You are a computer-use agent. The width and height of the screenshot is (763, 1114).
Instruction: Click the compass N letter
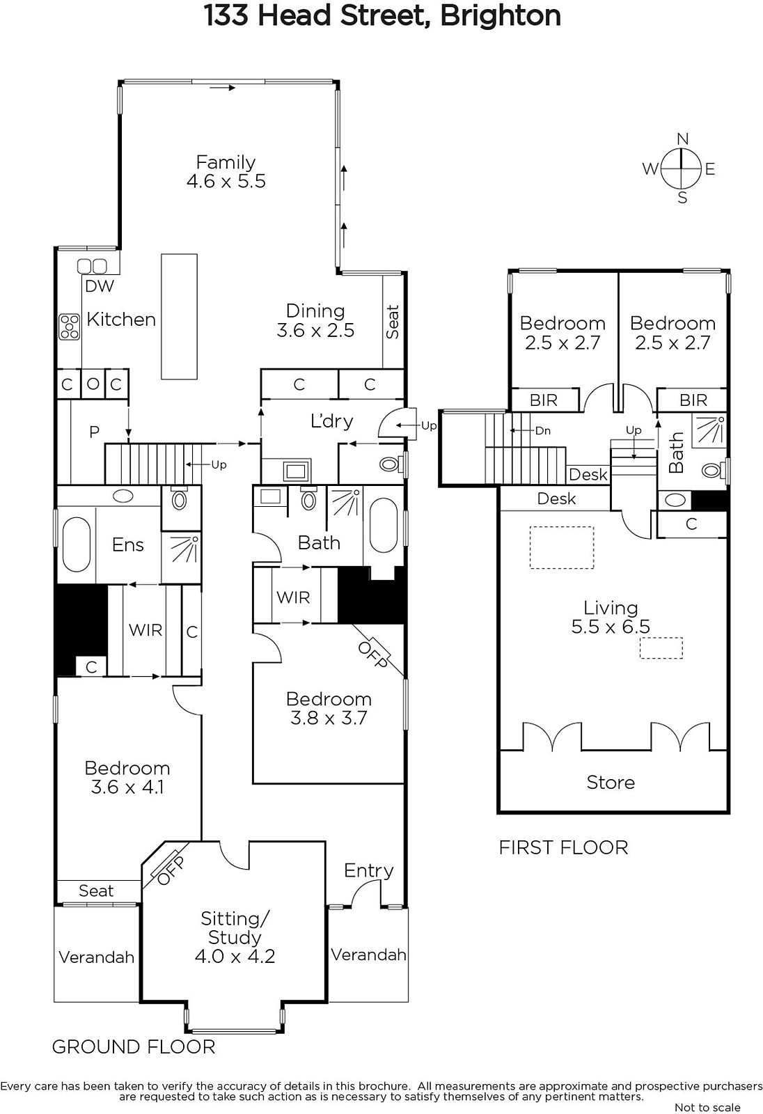tap(683, 139)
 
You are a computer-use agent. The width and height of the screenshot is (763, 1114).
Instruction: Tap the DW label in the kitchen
tap(100, 286)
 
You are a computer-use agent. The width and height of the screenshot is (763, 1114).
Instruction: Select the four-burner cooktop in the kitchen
tap(70, 327)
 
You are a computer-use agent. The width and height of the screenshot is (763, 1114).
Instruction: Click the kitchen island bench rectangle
tap(179, 316)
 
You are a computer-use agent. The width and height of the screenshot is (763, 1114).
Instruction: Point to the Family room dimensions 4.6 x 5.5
tap(226, 181)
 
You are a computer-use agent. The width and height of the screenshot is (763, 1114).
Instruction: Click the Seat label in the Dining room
tap(393, 322)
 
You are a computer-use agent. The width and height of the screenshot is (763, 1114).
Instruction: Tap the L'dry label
tap(332, 421)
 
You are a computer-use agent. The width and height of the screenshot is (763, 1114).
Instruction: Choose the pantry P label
tap(94, 432)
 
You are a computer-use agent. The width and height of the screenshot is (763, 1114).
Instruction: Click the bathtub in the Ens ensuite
tap(77, 544)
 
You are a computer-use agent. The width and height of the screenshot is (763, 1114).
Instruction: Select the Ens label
tap(128, 545)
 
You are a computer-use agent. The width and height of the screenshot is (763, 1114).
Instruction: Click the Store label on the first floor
tap(611, 783)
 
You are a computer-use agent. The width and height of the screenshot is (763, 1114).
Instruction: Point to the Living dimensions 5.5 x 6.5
tap(611, 627)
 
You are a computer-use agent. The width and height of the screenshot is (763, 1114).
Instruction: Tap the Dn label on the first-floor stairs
tap(542, 431)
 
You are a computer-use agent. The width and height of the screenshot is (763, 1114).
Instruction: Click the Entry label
tap(368, 870)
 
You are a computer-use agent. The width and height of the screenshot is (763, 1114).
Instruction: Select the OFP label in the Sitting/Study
tap(171, 871)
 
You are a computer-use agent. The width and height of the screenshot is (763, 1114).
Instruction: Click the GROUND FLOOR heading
tap(133, 1047)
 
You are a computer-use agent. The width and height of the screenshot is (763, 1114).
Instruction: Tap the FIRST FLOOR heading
tap(563, 847)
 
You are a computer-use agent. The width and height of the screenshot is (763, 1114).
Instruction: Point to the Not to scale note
tap(707, 1108)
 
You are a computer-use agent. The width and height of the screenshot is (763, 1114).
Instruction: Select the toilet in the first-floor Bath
tap(715, 470)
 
